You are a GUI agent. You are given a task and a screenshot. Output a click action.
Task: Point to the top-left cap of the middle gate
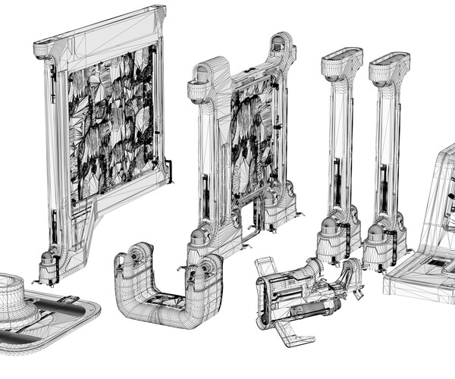pyautogui.click(x=202, y=80)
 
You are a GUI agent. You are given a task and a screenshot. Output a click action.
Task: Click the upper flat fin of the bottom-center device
pyautogui.click(x=265, y=268)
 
